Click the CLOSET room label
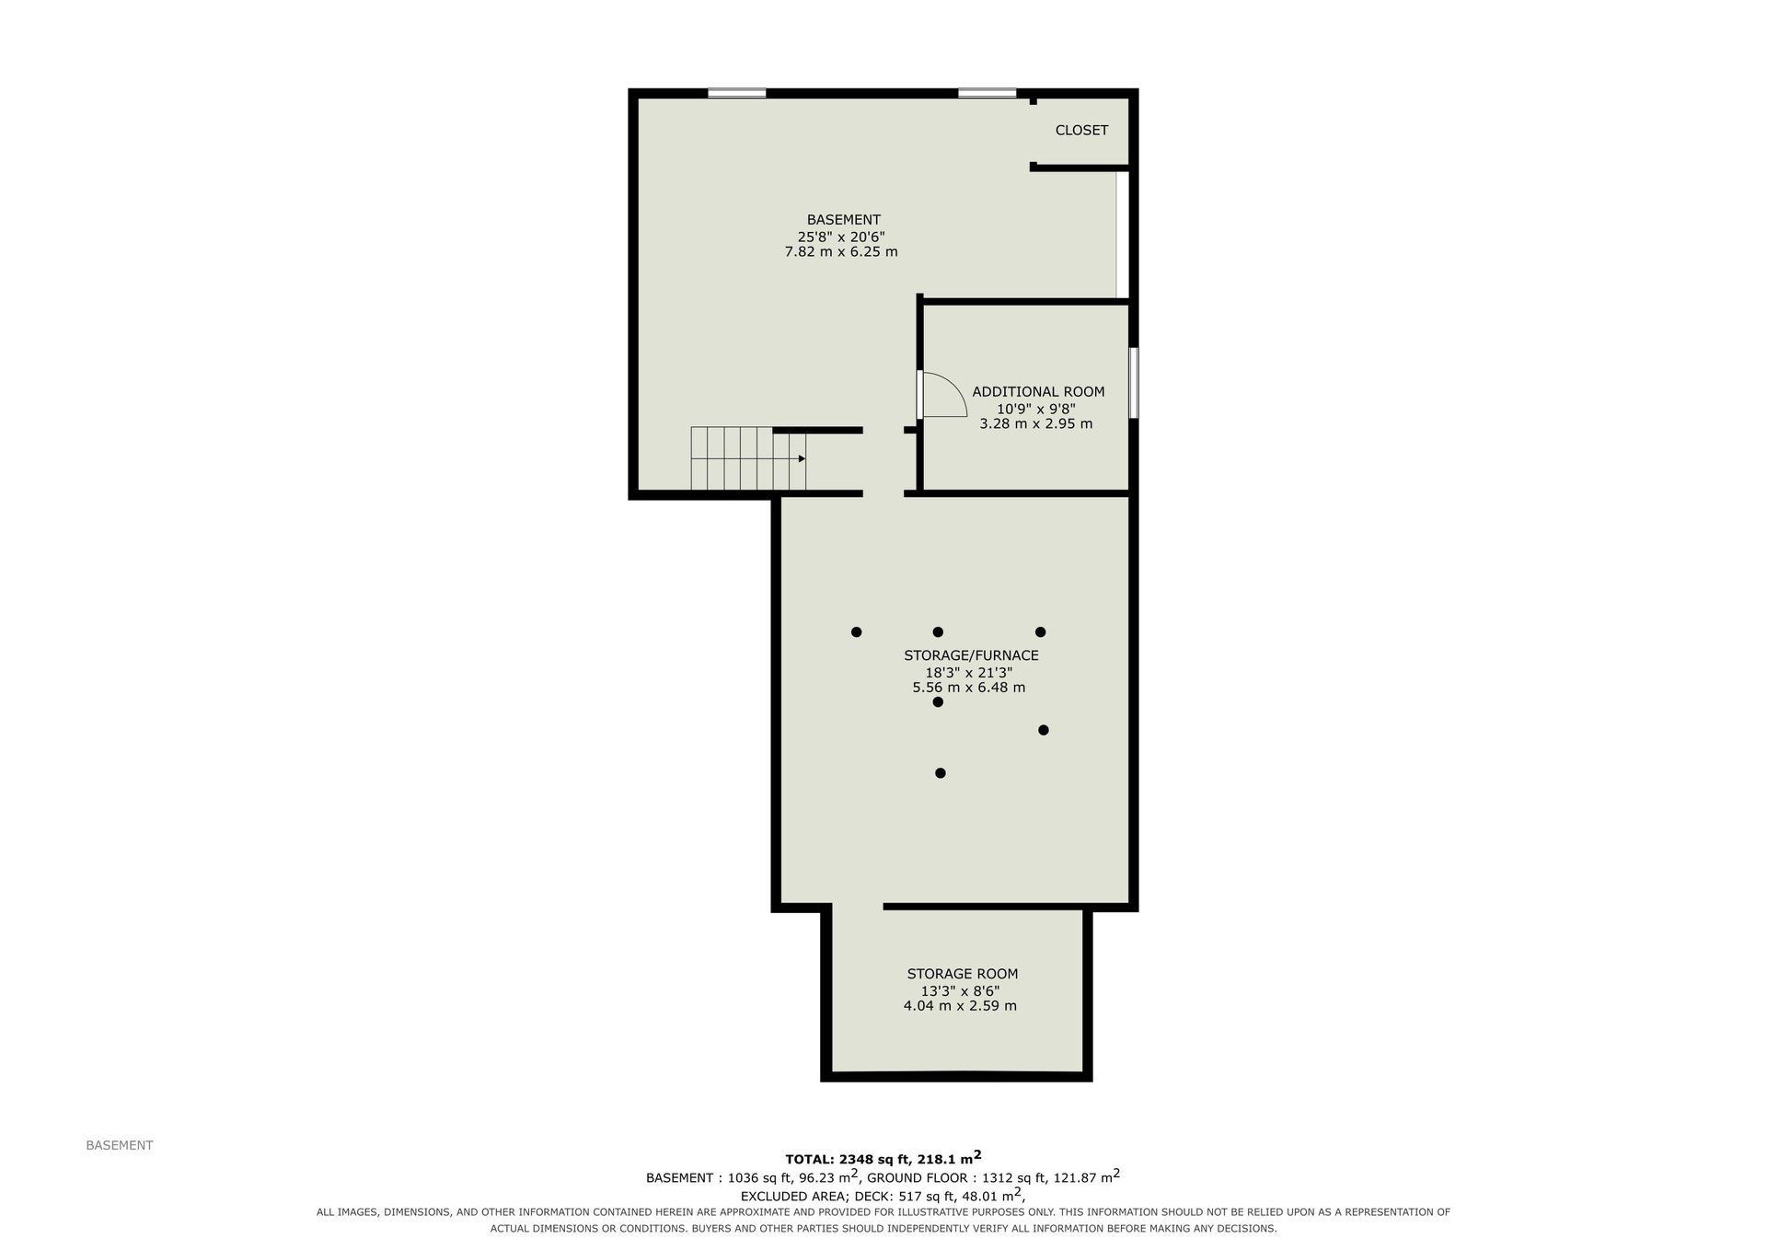(1081, 131)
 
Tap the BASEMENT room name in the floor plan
(844, 220)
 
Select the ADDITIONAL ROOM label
(1038, 392)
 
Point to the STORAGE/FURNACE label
(971, 655)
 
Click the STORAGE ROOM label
(963, 974)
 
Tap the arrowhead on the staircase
(803, 458)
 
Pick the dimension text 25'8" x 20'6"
(841, 237)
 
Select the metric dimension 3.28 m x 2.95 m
(1036, 424)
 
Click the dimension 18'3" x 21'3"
(969, 672)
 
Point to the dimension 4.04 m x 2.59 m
(960, 1006)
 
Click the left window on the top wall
(737, 93)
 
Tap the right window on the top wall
(987, 93)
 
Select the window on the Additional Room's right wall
(1134, 383)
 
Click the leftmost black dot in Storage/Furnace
(856, 632)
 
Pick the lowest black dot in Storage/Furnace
(940, 773)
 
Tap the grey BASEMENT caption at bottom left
(120, 1146)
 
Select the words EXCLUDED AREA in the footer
(793, 1196)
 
